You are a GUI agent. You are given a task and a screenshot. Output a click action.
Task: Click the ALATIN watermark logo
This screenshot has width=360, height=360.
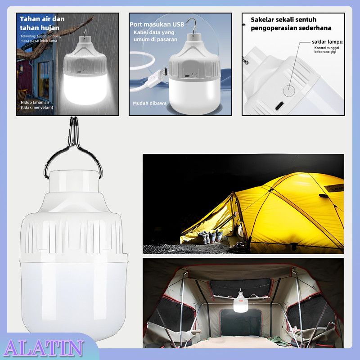pyautogui.click(x=44, y=348)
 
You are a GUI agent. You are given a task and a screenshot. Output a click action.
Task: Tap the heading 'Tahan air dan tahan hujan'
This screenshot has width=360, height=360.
pyautogui.click(x=42, y=23)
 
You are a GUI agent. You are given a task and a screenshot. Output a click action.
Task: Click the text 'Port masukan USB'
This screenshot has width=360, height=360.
pyautogui.click(x=157, y=24)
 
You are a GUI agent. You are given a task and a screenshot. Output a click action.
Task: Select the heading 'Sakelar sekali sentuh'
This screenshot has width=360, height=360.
pyautogui.click(x=284, y=20)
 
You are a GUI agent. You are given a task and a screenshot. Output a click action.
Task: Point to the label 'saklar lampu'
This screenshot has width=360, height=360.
pyautogui.click(x=327, y=42)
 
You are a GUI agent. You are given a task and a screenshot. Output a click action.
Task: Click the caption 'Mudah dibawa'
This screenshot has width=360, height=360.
pyautogui.click(x=149, y=103)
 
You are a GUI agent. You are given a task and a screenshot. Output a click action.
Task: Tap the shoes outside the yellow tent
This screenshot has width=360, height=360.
pyautogui.click(x=210, y=236)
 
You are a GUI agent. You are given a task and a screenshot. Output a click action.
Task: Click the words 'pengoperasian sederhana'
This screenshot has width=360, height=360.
pyautogui.click(x=291, y=28)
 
